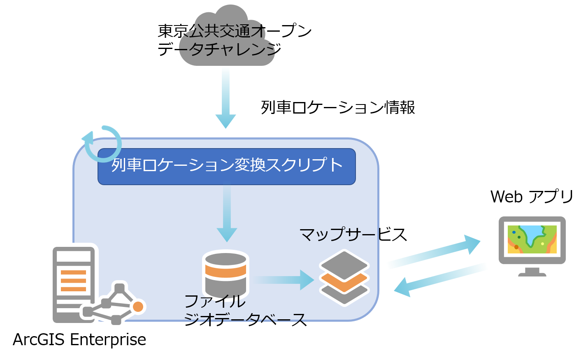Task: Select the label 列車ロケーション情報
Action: coord(338,107)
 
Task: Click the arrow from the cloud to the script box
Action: coord(226,98)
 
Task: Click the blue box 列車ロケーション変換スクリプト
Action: coord(227,167)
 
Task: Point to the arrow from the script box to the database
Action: coord(227,213)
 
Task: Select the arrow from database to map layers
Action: coord(284,280)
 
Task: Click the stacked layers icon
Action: coord(344,278)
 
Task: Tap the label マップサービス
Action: coord(353,235)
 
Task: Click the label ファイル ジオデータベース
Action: coord(245,310)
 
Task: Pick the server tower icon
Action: coord(74,285)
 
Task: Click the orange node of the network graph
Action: coord(138,307)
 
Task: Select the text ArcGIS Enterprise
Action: coord(79,339)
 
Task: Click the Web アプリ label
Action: coord(532,196)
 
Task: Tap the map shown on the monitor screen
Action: coord(532,239)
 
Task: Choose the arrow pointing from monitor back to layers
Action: coord(440,280)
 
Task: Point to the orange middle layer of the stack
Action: coord(344,282)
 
